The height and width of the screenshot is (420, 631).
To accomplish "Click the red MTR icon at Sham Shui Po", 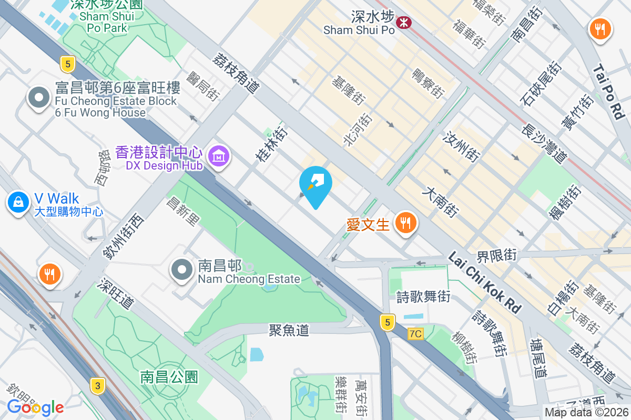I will point(404,22).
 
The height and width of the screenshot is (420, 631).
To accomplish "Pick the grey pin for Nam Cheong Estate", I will point(182,270).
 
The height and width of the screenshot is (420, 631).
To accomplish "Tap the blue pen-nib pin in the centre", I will point(315,184).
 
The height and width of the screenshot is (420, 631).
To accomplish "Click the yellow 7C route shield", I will point(415,334).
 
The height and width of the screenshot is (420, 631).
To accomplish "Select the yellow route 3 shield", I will point(97,386).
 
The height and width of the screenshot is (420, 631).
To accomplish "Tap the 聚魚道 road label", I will point(289,330).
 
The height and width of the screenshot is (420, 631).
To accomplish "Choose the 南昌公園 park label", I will point(169,376).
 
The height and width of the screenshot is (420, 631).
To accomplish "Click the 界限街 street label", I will point(497,256).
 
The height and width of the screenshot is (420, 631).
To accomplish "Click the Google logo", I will point(35,407).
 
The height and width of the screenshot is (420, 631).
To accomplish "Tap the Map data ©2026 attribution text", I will point(586,413).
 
